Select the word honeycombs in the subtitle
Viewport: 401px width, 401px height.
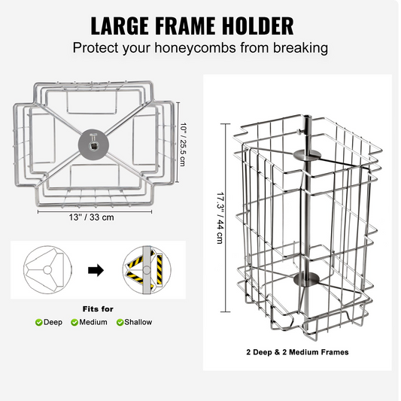pos(195,48)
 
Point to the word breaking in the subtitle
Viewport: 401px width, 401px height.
pos(300,48)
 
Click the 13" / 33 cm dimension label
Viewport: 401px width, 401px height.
pos(91,217)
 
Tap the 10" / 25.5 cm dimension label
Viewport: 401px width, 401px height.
pos(183,144)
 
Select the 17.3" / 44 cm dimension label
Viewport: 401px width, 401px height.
pos(220,218)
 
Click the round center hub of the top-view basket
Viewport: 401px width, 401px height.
pos(93,144)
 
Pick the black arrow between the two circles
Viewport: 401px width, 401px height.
pos(96,270)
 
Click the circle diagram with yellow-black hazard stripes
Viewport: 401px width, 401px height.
pos(147,270)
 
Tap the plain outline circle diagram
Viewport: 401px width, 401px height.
pos(47,270)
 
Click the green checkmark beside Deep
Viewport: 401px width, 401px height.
pos(39,323)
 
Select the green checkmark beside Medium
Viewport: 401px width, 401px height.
pos(74,323)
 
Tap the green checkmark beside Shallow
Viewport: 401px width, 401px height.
pos(120,323)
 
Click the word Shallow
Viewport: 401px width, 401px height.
pos(138,322)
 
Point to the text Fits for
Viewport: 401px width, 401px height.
pos(98,309)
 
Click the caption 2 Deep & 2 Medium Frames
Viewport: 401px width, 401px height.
pos(297,352)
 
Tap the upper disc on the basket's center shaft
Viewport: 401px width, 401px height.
pos(307,156)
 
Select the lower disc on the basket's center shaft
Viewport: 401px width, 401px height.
pos(307,279)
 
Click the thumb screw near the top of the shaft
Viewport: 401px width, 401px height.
pos(299,132)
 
